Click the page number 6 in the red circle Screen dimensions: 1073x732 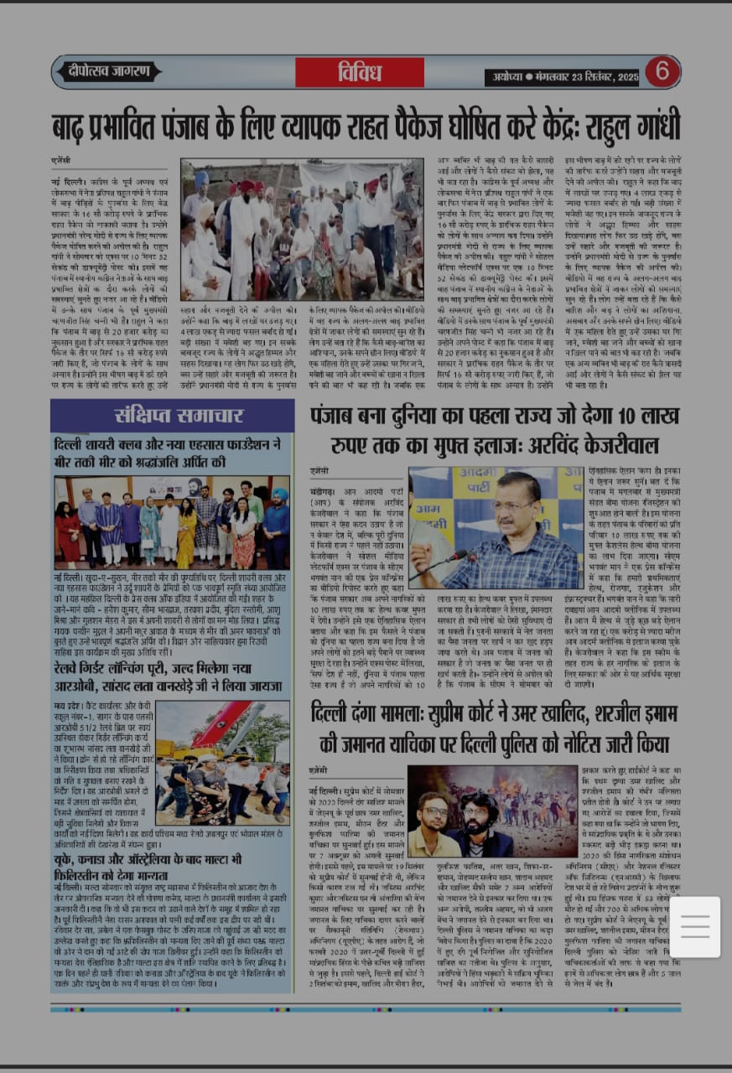coord(662,71)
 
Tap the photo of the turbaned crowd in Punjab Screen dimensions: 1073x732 coord(302,229)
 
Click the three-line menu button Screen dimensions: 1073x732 coord(695,926)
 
